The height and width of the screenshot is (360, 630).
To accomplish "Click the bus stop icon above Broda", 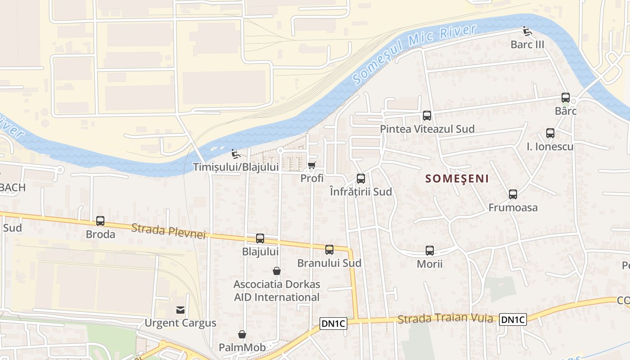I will coord(100,221).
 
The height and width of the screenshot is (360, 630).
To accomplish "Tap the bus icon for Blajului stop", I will coord(260,238).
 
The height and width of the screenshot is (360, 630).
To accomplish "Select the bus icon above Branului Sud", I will coord(329,249).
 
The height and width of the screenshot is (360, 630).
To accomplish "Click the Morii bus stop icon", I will coord(430,251).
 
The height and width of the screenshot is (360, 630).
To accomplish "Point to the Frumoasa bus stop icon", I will coord(513,194).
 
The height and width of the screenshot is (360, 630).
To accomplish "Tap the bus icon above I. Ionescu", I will coord(550,133).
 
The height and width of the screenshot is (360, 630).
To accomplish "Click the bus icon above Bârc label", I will coord(566,98).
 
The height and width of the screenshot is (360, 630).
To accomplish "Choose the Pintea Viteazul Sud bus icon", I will coord(427,116).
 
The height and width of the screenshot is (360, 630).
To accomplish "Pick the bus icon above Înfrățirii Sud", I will coord(361,179).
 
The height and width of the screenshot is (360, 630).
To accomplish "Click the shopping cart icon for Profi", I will coord(311,165).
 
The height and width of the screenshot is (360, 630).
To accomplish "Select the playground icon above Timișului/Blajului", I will coord(235,154).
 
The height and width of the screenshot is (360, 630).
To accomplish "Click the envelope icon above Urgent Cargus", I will coord(180,310).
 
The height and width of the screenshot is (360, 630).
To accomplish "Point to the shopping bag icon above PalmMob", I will coord(242,334).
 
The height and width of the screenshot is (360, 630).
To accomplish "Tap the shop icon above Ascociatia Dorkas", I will coord(277,271).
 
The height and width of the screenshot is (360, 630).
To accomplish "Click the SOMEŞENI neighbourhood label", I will coord(457,179).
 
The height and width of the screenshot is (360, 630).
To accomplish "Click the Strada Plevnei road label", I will coord(169,231).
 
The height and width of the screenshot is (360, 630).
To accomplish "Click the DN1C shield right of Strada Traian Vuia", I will coord(513,320).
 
